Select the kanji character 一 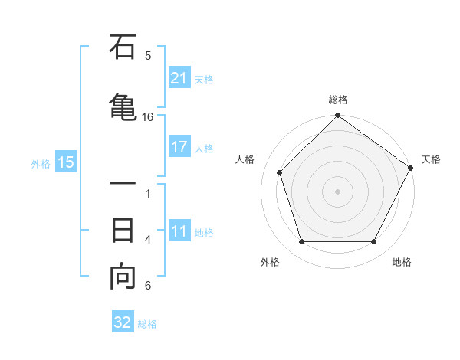[x=123, y=185]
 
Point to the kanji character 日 [x=123, y=230]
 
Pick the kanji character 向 [x=123, y=277]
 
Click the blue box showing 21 [x=179, y=77]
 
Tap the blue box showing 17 [x=179, y=147]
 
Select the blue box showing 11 [x=179, y=231]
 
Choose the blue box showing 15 [x=66, y=162]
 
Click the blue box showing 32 [x=123, y=322]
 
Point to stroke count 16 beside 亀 [x=148, y=117]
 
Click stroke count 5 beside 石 [x=148, y=56]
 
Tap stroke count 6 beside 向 [x=148, y=286]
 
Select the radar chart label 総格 [x=338, y=100]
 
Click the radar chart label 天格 [x=431, y=159]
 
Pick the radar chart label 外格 [x=270, y=262]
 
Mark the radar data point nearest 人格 [x=280, y=172]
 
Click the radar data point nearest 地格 [x=374, y=242]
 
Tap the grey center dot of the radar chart [x=338, y=191]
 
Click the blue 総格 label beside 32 [x=147, y=324]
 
